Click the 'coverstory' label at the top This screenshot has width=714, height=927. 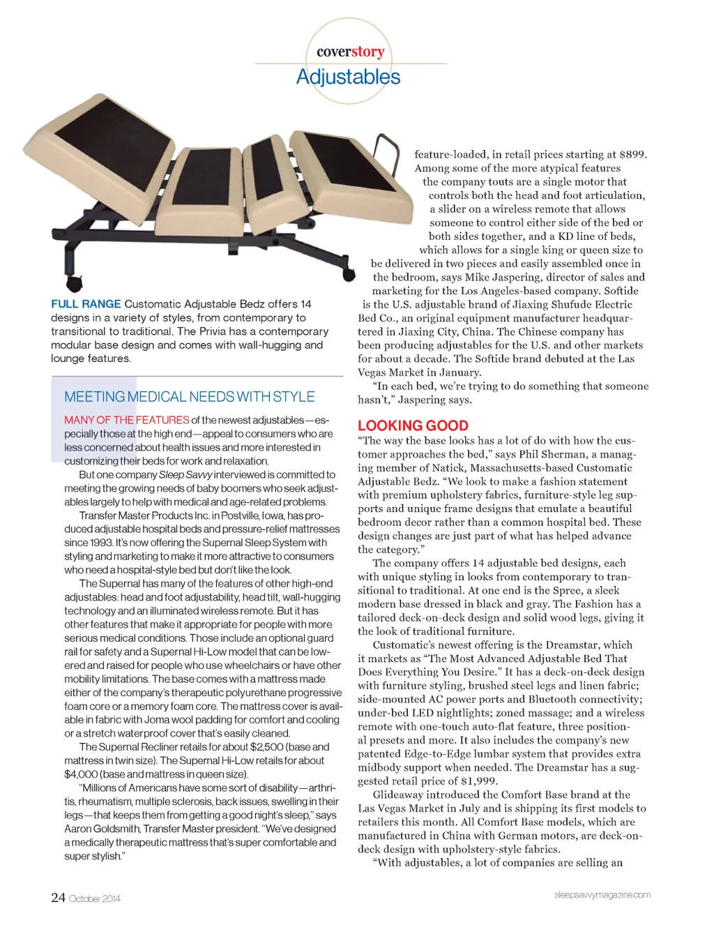point(350,52)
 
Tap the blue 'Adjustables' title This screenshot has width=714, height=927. point(348,77)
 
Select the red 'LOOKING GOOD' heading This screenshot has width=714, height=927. point(413,425)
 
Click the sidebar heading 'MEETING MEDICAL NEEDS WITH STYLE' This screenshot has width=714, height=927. point(189,397)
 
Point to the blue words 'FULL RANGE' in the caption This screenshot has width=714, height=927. point(86,304)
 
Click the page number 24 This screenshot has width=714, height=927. point(58,898)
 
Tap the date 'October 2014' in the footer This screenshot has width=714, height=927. point(95,898)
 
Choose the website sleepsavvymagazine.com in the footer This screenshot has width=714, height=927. point(602,895)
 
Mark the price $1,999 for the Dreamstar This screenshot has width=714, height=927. point(479,781)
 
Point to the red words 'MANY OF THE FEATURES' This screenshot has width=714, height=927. point(127,420)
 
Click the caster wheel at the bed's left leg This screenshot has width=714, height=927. point(73,284)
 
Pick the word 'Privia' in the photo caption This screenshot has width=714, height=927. point(213,331)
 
